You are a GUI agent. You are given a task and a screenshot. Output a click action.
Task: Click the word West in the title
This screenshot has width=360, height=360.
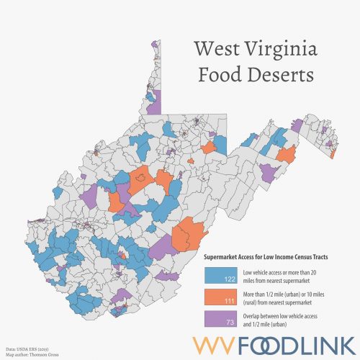click(217, 50)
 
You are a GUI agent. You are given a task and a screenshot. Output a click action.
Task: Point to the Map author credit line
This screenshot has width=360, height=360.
click(29, 354)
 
